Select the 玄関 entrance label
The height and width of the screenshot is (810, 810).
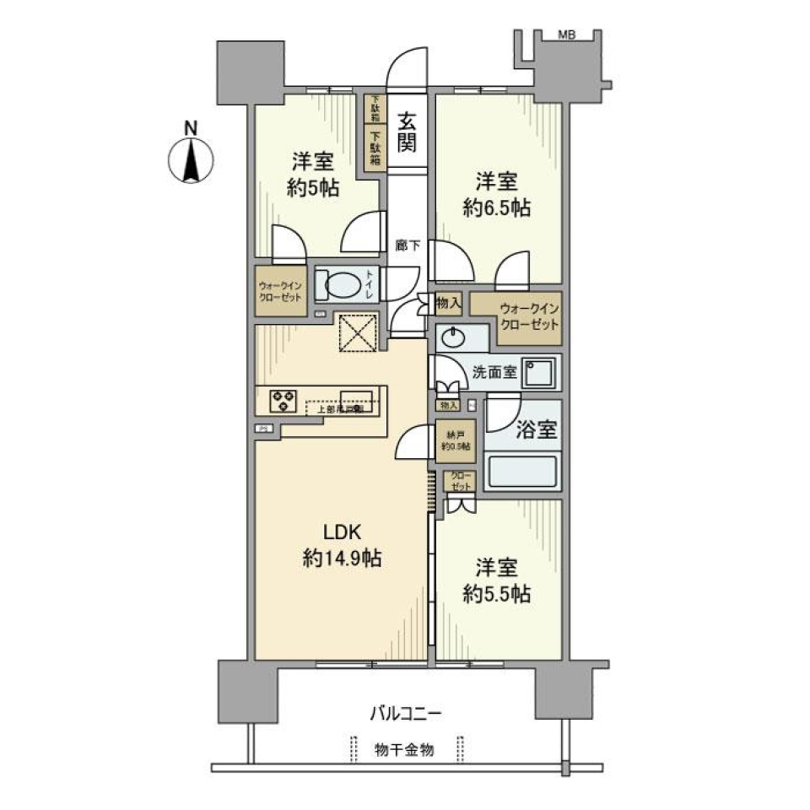coord(406,132)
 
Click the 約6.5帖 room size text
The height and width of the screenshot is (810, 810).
coord(496,208)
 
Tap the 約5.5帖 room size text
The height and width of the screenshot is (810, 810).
coord(496,594)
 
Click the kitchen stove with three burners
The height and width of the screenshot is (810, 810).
coord(283,399)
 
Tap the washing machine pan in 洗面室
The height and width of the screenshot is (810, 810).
coord(537,371)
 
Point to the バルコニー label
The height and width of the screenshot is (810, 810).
coord(405,714)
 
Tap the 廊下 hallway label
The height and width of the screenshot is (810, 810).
coord(406,245)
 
